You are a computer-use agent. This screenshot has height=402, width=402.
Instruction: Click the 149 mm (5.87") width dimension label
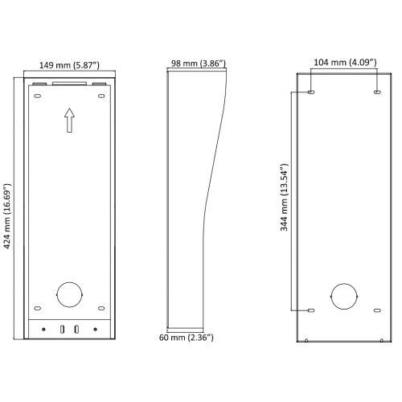[x=69, y=65]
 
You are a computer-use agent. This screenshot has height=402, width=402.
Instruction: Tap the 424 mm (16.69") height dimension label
[x=7, y=216]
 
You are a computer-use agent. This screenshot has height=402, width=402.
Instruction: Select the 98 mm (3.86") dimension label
[x=199, y=64]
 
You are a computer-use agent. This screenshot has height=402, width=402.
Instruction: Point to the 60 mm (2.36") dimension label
[x=187, y=337]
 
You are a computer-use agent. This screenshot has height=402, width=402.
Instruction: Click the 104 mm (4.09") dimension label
[x=345, y=63]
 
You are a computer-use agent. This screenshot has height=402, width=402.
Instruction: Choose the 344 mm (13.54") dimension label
[x=284, y=197]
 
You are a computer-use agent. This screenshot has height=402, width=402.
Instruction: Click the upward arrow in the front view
[x=69, y=121]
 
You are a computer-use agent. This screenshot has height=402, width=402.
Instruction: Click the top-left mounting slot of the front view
[x=38, y=96]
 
